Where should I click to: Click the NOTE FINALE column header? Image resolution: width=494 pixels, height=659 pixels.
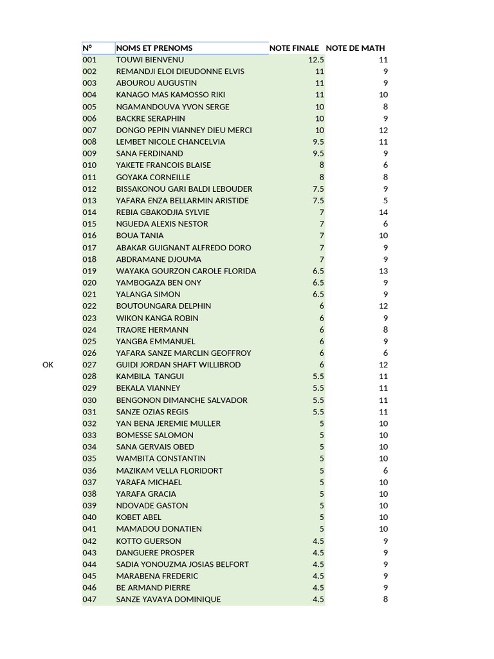[294, 48]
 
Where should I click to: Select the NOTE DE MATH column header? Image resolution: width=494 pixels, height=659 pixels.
[355, 48]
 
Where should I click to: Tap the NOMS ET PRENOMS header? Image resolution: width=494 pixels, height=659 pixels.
[154, 48]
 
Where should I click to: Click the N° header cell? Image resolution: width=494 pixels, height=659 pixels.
[87, 48]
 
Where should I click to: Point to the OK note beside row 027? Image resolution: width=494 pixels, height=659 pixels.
[48, 365]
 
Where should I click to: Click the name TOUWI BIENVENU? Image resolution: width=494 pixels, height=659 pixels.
[150, 60]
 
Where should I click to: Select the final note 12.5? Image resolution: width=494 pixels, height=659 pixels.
[316, 60]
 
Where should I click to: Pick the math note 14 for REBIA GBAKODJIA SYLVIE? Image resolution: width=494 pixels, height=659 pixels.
[383, 212]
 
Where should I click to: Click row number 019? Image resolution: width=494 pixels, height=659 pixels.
[89, 271]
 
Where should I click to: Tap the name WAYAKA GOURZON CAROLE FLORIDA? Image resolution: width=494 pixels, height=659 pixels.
[186, 271]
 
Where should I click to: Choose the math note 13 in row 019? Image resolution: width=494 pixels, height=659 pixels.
[383, 271]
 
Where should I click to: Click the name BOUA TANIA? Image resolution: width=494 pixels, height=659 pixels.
[140, 236]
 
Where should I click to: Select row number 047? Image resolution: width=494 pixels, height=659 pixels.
[89, 599]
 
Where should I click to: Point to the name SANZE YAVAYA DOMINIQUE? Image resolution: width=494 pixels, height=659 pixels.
[169, 599]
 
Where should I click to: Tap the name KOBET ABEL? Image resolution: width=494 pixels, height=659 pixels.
[139, 517]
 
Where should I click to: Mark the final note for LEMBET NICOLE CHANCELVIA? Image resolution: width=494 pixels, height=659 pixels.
[318, 142]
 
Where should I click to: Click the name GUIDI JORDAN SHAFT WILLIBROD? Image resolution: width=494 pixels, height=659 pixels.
[178, 365]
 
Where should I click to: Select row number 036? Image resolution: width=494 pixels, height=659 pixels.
[89, 470]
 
